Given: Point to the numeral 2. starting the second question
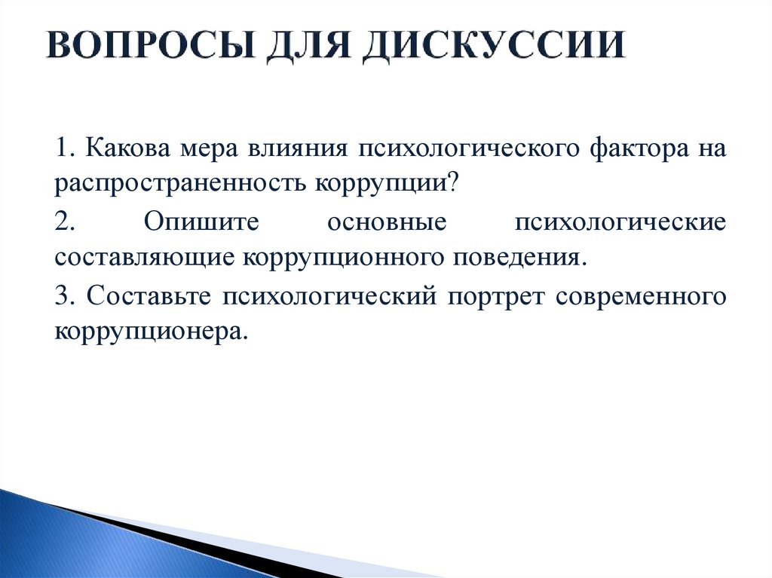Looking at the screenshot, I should click(x=63, y=222).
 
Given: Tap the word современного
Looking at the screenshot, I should click(x=642, y=296).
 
